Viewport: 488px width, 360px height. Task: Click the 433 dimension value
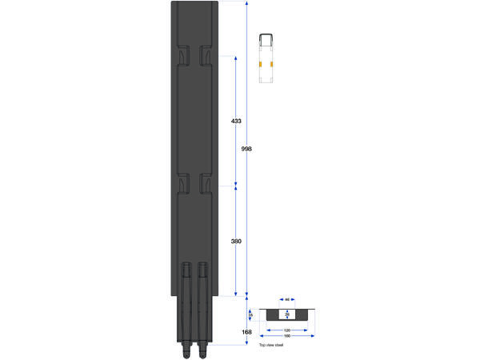[236, 121]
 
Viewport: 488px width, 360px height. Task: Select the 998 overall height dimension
[246, 149]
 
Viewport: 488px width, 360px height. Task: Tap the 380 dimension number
[236, 241]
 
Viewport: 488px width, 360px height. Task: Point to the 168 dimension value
[246, 332]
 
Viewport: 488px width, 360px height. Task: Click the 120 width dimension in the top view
[286, 329]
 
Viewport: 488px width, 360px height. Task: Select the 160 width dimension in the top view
[286, 336]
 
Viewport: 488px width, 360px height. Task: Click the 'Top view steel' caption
[271, 344]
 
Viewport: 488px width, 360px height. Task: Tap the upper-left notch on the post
[181, 56]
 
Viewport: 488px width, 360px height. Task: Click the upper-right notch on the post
[205, 56]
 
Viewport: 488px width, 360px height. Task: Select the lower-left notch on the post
[181, 183]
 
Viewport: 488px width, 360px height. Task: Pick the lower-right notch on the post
[205, 183]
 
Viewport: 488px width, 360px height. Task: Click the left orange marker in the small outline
[261, 64]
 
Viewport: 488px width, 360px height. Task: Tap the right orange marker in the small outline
[272, 64]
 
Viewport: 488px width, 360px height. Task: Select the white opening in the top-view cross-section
[286, 314]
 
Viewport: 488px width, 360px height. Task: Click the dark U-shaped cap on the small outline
[266, 37]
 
